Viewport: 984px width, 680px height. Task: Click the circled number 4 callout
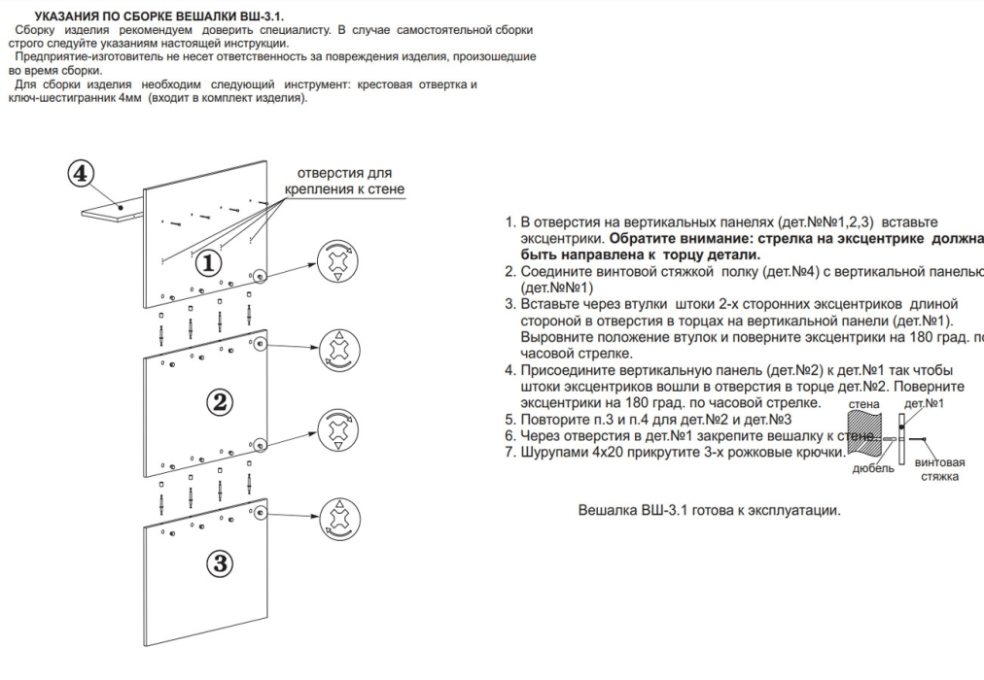82,173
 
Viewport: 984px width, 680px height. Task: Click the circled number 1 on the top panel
210,262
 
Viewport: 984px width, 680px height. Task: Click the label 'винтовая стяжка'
939,469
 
